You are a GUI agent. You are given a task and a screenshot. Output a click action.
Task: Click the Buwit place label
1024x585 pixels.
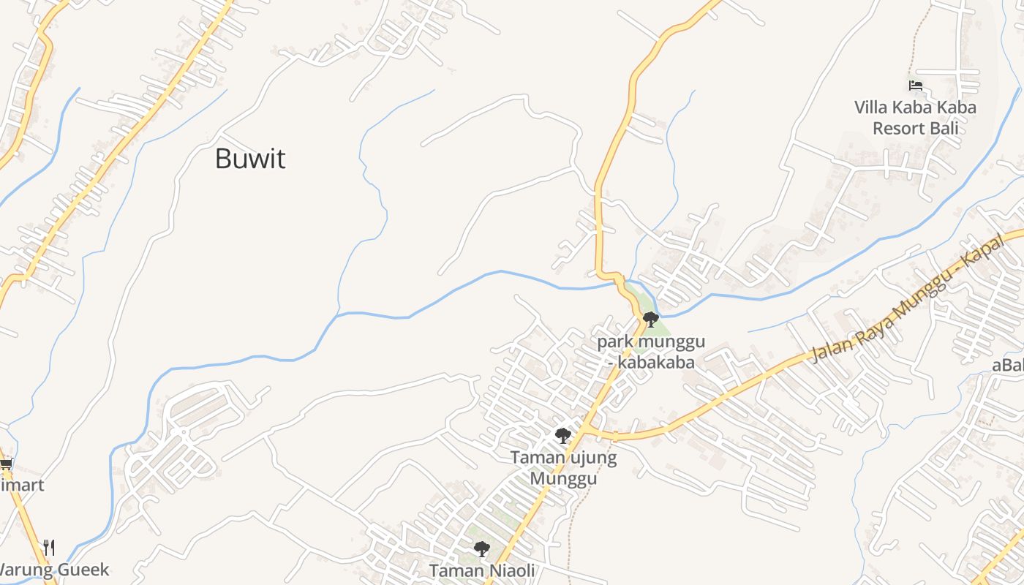coord(250,159)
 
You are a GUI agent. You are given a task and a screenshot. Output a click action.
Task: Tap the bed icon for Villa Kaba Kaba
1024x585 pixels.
coord(915,86)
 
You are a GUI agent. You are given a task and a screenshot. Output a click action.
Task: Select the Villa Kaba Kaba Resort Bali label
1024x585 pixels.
coord(915,118)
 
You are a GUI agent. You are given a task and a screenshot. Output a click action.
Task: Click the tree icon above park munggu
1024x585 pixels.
coord(650,319)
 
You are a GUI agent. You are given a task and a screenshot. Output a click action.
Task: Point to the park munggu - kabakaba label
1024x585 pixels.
coord(651,351)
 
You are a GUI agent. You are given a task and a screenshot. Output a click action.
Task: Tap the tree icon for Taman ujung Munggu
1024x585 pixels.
coord(562,436)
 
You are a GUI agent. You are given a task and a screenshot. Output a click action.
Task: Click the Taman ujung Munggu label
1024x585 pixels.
coord(563,468)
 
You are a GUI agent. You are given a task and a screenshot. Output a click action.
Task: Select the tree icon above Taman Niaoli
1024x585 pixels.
coord(481,548)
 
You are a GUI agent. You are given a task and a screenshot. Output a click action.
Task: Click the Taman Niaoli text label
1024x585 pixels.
coord(482,570)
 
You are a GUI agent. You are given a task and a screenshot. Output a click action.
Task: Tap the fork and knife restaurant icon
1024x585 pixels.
coord(49,547)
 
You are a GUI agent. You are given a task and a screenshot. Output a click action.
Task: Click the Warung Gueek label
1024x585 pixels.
coord(54,570)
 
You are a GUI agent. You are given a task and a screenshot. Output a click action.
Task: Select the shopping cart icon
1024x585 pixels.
coord(6,464)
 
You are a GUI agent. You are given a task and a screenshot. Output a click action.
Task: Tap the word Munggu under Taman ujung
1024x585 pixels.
coord(563,479)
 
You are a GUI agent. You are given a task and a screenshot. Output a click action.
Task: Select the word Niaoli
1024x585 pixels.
coord(511,570)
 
